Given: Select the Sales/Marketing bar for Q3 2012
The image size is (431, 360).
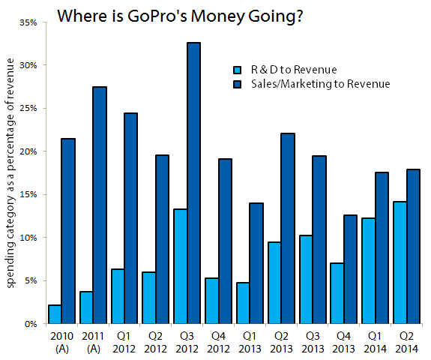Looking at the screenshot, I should coord(193,183).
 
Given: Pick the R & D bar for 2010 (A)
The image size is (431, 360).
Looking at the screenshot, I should coord(54,314).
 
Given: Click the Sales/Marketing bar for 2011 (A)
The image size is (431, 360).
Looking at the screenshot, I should coord(99,205).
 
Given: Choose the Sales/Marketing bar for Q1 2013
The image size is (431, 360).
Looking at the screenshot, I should coord(256,263).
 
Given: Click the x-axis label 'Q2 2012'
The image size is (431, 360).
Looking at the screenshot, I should coord(154,343).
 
